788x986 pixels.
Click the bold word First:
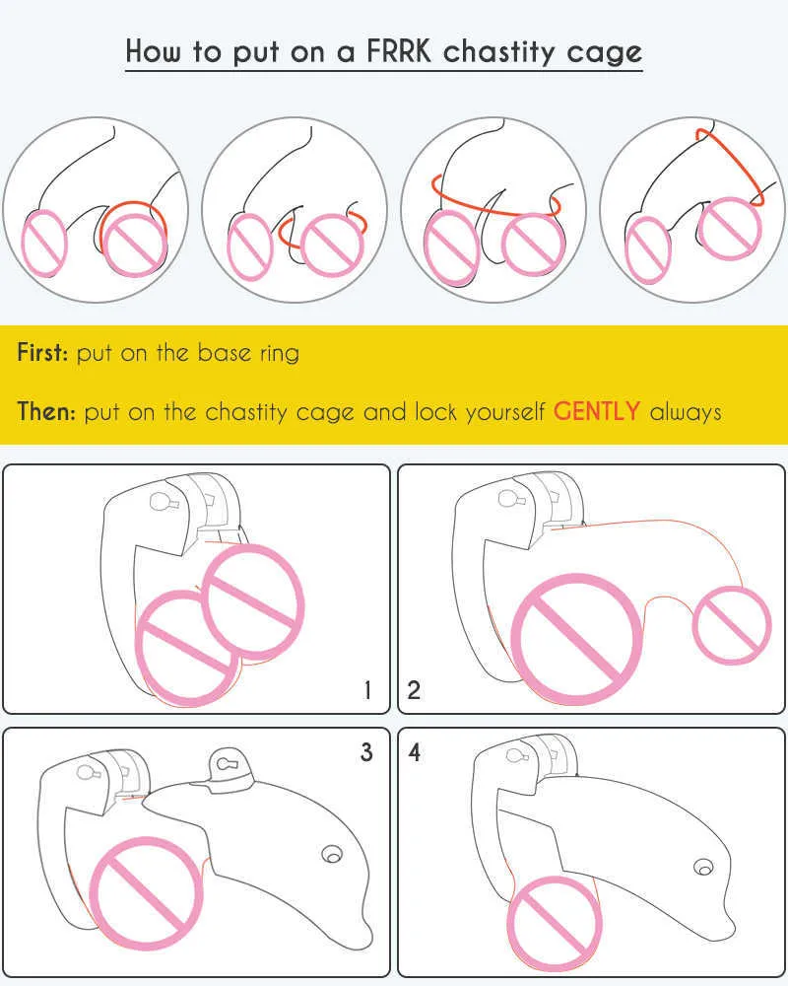(42, 352)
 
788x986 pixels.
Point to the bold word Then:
(46, 411)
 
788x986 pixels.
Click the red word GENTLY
(597, 411)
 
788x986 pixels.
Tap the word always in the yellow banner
(686, 411)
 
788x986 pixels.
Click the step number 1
(367, 690)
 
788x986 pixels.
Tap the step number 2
(414, 690)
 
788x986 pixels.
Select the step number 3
(366, 752)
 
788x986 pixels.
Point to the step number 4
(415, 752)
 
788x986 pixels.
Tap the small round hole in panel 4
(702, 868)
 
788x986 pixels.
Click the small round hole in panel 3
(332, 853)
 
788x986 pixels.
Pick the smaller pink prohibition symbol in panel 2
(731, 622)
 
